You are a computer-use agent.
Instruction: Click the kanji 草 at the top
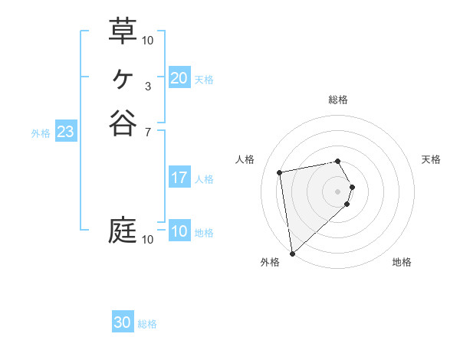123,31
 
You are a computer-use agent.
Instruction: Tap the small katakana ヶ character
123,77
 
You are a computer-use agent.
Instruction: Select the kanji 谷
123,123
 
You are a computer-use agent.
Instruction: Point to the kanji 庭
123,230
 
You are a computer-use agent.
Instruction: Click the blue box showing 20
179,78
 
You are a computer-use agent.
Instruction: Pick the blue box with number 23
65,132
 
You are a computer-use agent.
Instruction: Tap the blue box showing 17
179,178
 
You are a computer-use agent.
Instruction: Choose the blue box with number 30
123,322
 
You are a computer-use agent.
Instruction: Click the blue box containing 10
179,231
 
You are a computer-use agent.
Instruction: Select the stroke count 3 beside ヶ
148,86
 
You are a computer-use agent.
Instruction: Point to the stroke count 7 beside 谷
148,133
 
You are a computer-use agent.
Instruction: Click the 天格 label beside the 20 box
204,79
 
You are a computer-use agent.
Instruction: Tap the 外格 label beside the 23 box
41,133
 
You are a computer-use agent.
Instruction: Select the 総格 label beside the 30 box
147,324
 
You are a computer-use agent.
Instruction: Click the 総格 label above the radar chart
338,100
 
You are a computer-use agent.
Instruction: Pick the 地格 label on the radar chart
402,262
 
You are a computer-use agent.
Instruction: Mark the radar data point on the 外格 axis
292,253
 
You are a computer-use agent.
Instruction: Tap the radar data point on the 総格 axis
338,161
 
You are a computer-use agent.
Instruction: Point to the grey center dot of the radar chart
338,190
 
